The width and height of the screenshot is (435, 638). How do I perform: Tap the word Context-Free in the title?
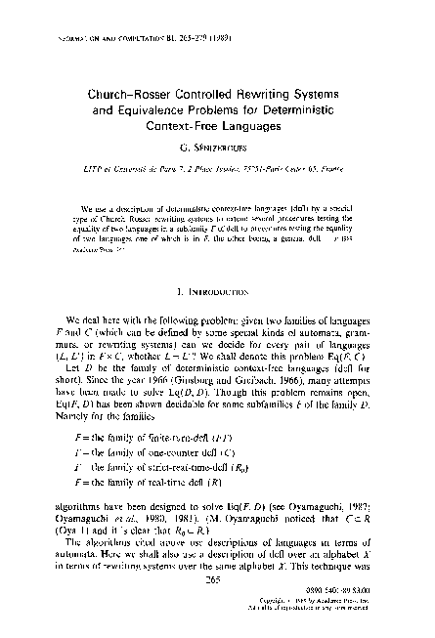(194, 128)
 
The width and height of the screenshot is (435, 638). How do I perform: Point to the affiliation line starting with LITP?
(217, 168)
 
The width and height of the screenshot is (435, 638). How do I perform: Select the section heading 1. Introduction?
(218, 291)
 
